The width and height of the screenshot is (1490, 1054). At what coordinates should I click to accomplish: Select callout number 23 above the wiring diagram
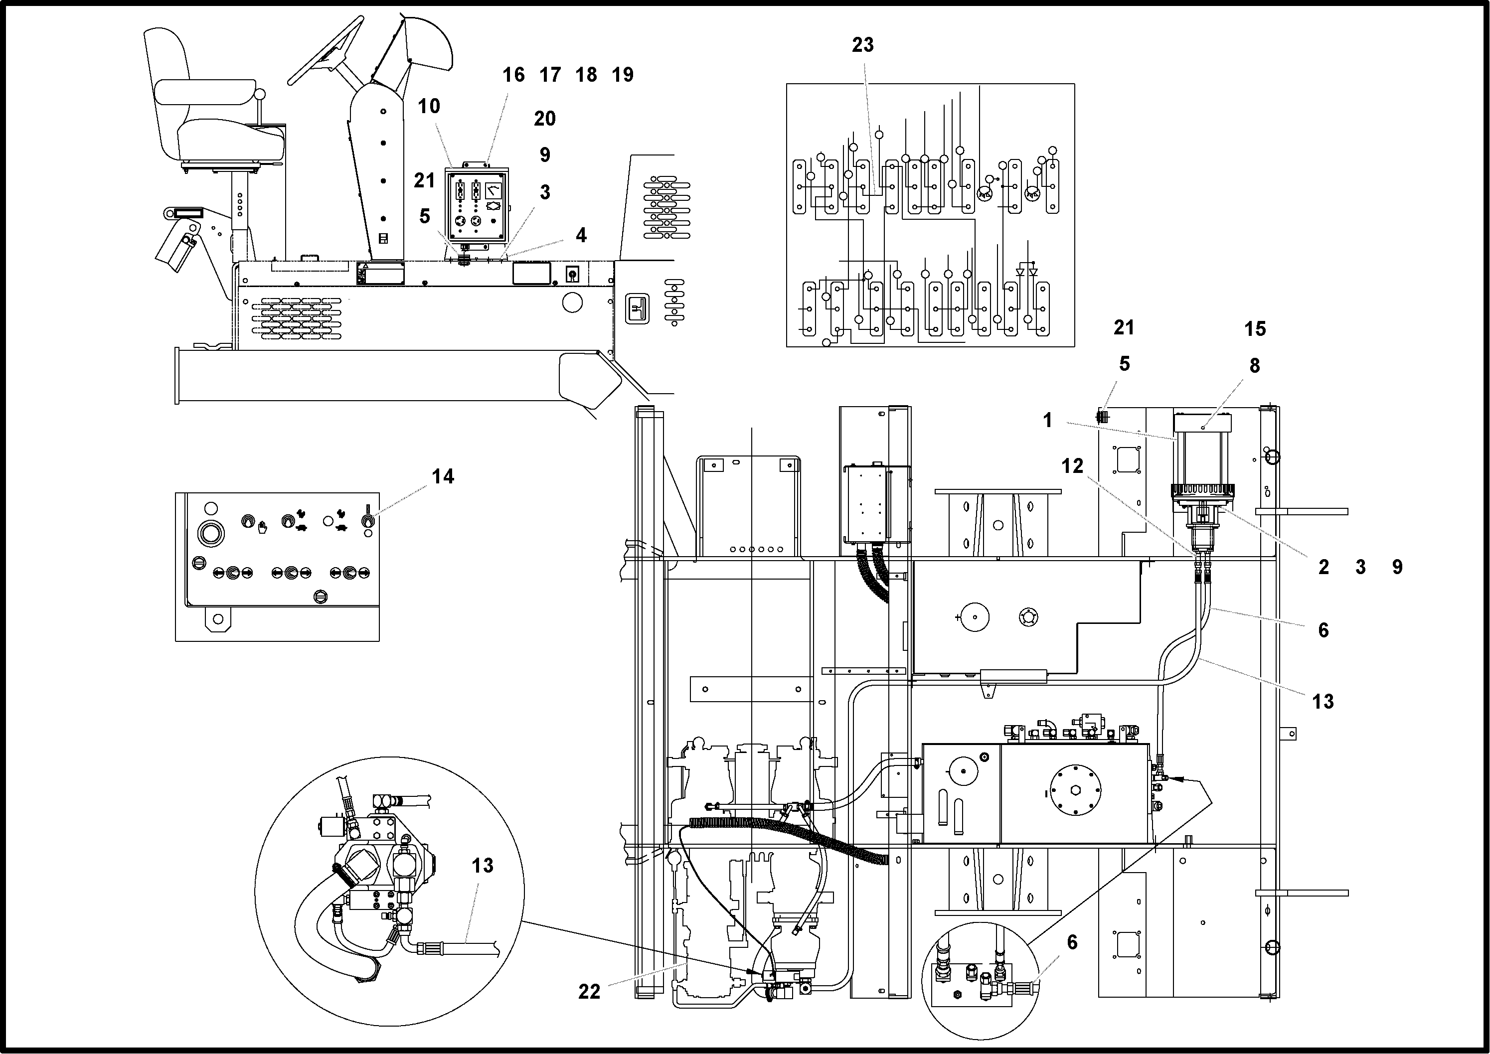(x=862, y=45)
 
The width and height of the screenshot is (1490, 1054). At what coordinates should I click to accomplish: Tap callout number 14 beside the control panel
(x=443, y=476)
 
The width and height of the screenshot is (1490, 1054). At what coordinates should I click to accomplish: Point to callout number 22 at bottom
(x=589, y=992)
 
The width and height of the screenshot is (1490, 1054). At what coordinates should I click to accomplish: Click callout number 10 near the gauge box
(x=429, y=106)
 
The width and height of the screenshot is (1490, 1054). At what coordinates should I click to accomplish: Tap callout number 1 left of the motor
(x=1047, y=420)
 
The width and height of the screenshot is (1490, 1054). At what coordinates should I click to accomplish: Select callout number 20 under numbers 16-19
(x=545, y=119)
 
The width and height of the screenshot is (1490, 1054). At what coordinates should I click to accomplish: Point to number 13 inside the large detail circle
(x=483, y=865)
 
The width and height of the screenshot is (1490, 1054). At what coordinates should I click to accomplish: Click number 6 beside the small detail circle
(x=1072, y=942)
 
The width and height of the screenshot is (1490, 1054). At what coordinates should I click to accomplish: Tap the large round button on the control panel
(x=211, y=534)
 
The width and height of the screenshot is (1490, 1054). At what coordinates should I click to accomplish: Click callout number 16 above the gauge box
(x=513, y=75)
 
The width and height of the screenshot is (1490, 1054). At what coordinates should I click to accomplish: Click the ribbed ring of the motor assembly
(x=1202, y=491)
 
